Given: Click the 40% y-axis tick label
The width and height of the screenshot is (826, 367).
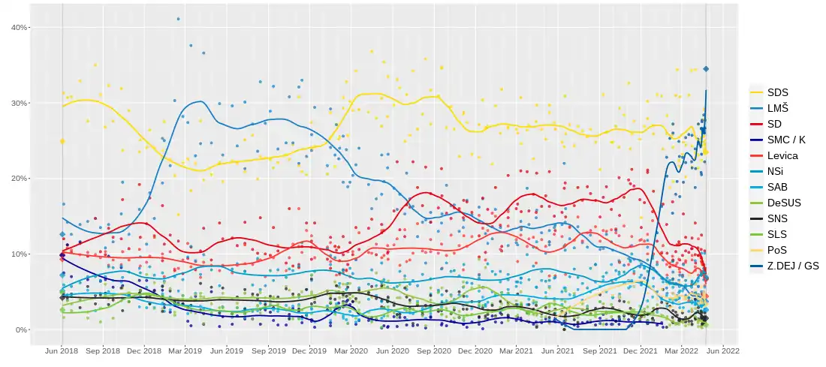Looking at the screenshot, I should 19,27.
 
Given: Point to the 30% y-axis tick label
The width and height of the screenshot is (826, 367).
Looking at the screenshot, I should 19,103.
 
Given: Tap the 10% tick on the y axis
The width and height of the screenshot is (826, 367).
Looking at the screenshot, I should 19,254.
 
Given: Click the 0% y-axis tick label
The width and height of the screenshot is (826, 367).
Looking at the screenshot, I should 21,329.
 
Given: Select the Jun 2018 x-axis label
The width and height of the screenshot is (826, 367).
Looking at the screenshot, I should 62,350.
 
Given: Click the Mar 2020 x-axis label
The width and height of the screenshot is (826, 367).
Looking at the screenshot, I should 351,350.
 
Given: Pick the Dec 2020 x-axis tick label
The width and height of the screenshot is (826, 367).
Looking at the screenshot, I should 475,350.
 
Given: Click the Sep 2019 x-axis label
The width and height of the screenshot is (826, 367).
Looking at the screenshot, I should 268,350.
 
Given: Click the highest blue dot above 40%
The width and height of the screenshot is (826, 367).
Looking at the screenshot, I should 178,19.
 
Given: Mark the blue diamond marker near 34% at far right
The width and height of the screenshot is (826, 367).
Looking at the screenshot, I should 706,69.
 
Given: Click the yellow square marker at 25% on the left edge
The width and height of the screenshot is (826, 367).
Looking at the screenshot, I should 62,141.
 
